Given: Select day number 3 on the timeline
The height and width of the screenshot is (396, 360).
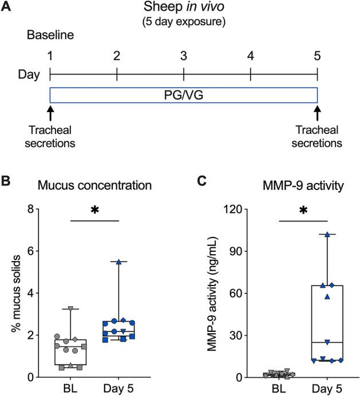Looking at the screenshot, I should point(183,57).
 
